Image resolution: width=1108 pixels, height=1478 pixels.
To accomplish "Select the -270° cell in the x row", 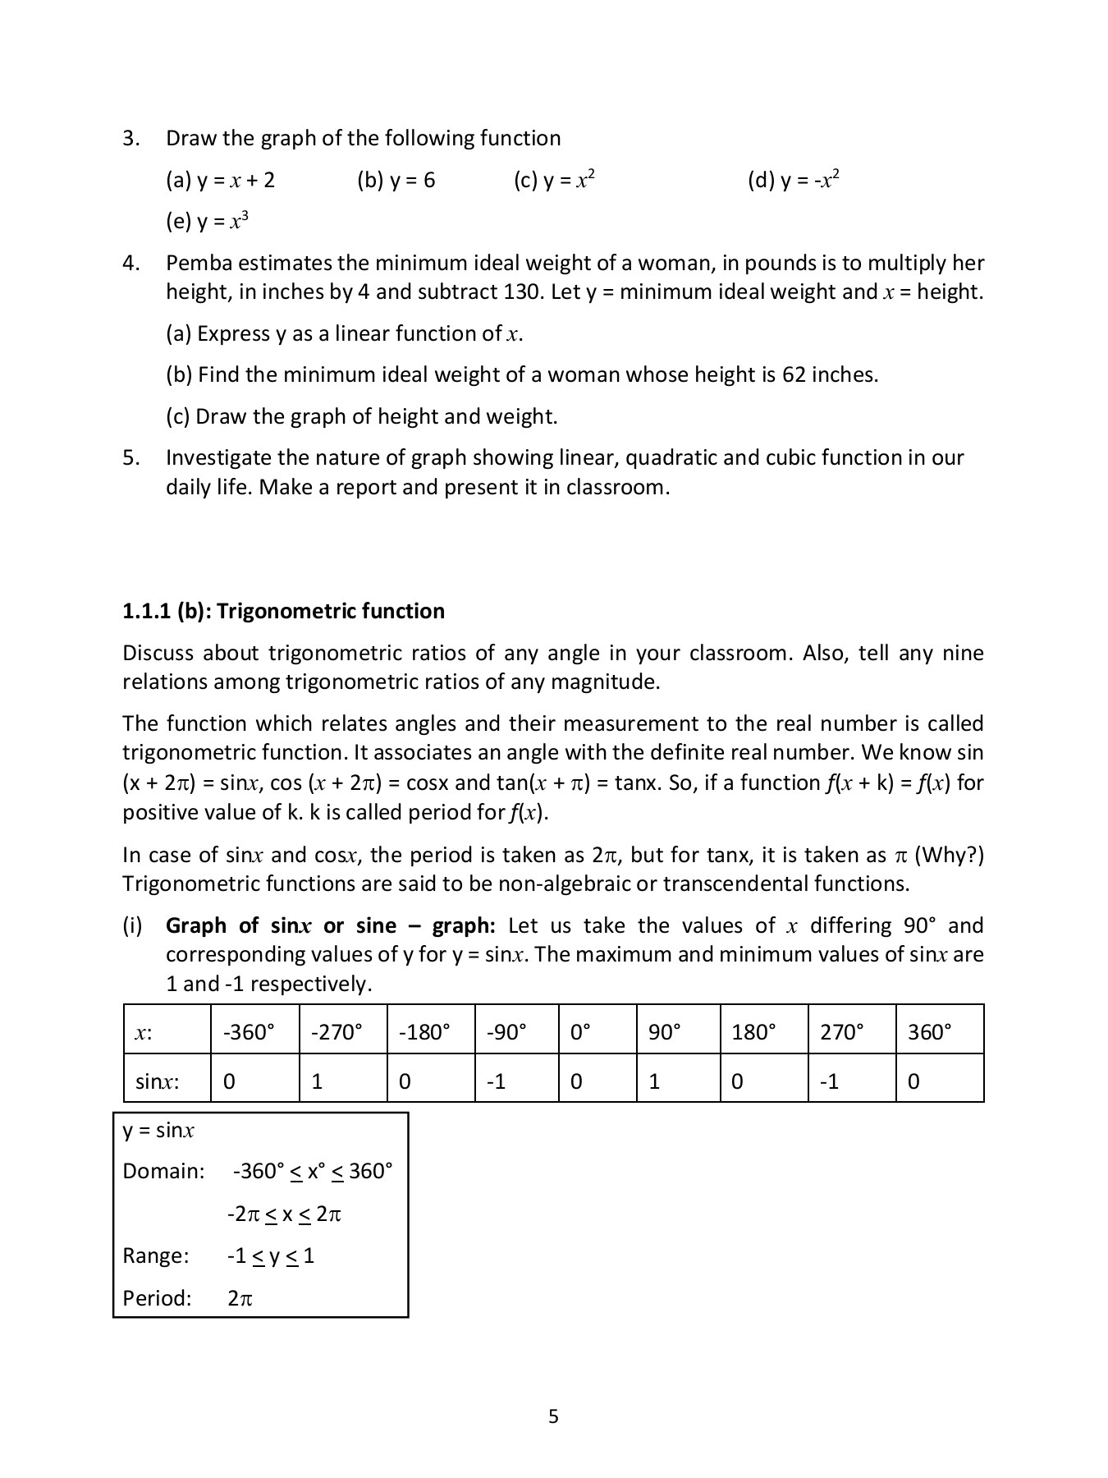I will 337,1032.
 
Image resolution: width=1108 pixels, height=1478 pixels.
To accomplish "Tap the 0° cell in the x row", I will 580,1032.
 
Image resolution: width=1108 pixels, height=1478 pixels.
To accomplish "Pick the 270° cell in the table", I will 841,1032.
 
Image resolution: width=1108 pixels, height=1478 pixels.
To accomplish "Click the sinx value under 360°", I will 914,1081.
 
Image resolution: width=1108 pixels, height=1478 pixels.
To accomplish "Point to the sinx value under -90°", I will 495,1081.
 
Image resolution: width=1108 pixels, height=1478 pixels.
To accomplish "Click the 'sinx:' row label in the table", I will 157,1081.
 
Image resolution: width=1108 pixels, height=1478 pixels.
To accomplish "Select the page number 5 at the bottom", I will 553,1416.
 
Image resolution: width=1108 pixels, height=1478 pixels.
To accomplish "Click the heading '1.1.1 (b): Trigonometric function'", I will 283,611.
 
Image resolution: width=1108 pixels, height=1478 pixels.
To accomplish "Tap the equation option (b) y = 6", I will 396,181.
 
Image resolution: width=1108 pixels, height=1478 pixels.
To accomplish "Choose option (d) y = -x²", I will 794,181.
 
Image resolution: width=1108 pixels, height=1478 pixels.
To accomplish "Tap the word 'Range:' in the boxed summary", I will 155,1255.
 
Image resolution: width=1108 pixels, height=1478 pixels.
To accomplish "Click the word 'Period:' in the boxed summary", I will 157,1298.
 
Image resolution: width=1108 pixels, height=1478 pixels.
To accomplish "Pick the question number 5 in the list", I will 130,458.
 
